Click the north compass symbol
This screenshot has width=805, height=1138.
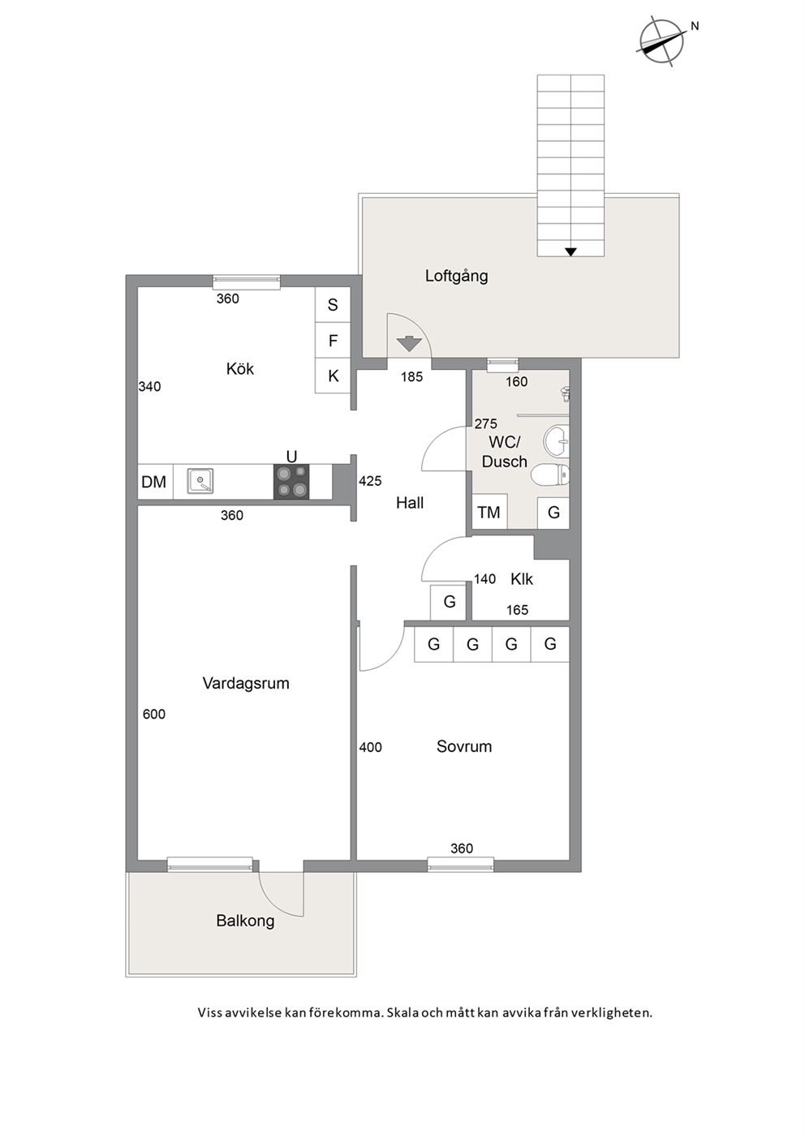point(661,42)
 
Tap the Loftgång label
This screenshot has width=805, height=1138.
point(456,277)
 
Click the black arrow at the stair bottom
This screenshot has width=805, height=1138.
point(570,251)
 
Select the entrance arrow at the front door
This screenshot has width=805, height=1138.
point(409,344)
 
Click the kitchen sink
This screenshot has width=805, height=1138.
point(200,481)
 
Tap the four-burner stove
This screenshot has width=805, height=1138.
point(291,482)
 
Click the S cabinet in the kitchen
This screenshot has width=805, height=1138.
point(333,305)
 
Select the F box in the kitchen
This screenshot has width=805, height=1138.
point(333,341)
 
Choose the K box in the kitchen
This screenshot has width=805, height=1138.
point(333,376)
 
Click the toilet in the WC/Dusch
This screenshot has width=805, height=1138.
point(550,475)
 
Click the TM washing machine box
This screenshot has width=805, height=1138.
point(489,512)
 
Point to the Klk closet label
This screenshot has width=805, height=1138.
point(522,579)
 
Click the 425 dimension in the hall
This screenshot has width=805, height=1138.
point(370,481)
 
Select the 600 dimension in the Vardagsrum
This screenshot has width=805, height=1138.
point(154,715)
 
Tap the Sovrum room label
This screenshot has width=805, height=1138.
point(464,746)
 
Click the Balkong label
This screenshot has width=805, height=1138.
point(245,921)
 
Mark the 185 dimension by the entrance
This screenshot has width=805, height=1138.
point(411,376)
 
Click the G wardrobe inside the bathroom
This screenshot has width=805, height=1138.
point(553,513)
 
